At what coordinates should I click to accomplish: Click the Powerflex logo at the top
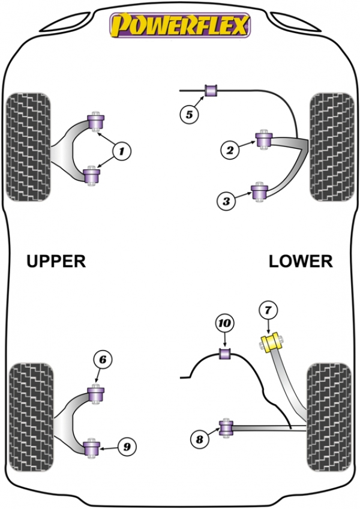(x=180, y=25)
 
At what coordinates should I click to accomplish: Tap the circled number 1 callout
(x=122, y=151)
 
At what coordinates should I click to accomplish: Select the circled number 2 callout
(x=230, y=150)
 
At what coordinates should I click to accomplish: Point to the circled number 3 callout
(x=226, y=201)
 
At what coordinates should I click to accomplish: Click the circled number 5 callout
(x=189, y=114)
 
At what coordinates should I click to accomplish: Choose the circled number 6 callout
(x=103, y=360)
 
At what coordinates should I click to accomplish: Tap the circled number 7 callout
(x=268, y=310)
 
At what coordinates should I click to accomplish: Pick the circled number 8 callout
(x=199, y=439)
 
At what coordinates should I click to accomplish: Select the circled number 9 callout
(x=127, y=447)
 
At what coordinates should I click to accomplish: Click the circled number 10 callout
(x=225, y=323)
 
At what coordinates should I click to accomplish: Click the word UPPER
(x=56, y=261)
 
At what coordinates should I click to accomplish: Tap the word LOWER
(x=301, y=261)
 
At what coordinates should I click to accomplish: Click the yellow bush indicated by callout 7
(x=272, y=342)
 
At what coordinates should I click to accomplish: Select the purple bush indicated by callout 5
(x=211, y=91)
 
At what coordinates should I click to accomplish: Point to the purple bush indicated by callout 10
(x=225, y=354)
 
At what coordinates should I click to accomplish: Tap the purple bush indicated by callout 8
(x=226, y=428)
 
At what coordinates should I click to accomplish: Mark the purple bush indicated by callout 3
(x=259, y=192)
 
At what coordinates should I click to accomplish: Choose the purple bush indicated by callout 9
(x=92, y=448)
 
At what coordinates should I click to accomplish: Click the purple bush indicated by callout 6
(x=96, y=394)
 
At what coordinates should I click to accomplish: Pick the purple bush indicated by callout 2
(x=264, y=140)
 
